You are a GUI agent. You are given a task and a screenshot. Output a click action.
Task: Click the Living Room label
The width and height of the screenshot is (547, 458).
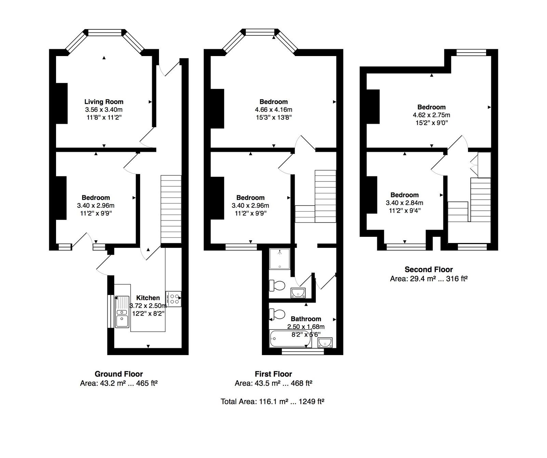pyautogui.click(x=104, y=102)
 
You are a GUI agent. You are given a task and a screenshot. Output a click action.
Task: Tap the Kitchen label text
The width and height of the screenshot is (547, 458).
pyautogui.click(x=148, y=298)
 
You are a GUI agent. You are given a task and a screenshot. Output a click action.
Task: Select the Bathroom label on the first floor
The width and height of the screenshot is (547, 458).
pyautogui.click(x=306, y=319)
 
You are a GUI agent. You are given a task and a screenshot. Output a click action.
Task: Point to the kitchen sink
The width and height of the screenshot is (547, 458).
pyautogui.click(x=122, y=312)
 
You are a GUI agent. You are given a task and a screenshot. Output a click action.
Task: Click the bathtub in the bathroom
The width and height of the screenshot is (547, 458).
pyautogui.click(x=290, y=339)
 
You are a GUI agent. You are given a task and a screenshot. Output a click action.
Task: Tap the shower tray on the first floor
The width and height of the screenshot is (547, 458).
pyautogui.click(x=280, y=259)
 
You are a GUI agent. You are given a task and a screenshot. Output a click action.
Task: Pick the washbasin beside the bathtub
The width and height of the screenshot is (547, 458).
pyautogui.click(x=325, y=342)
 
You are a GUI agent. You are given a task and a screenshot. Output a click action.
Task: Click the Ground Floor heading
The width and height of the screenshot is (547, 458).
pyautogui.click(x=119, y=374)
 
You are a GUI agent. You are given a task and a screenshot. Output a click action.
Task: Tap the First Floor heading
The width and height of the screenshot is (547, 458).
pyautogui.click(x=273, y=374)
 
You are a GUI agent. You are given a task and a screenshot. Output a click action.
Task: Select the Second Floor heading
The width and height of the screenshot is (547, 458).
pyautogui.click(x=429, y=269)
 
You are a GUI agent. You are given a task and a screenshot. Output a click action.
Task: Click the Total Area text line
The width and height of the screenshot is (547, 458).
pyautogui.click(x=272, y=401)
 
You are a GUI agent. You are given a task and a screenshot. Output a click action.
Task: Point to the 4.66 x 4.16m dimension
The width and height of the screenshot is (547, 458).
pyautogui.click(x=273, y=110)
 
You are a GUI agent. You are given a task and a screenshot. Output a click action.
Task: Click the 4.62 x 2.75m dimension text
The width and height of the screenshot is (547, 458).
pyautogui.click(x=431, y=115)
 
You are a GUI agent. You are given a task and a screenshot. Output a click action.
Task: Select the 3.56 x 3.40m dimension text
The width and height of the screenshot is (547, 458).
pyautogui.click(x=104, y=110)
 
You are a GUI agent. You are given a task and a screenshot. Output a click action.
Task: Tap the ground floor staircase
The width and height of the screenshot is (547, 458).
pyautogui.click(x=171, y=209)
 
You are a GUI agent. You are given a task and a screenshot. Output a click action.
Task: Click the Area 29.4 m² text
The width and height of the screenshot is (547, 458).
pyautogui.click(x=429, y=279)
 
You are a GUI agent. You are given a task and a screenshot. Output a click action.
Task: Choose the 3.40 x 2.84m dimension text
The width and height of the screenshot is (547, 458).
pyautogui.click(x=404, y=203)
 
